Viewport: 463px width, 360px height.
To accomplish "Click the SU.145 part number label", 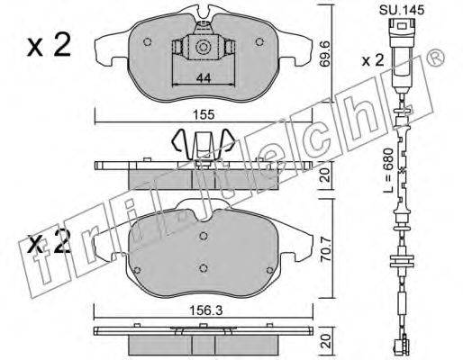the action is pyautogui.click(x=402, y=10).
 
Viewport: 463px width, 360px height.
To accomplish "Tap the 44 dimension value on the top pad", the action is pyautogui.click(x=204, y=78).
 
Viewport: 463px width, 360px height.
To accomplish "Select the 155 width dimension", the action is pyautogui.click(x=204, y=115).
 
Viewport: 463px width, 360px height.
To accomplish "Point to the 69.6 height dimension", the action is pyautogui.click(x=325, y=55).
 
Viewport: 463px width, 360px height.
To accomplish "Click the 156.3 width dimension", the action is pyautogui.click(x=205, y=310).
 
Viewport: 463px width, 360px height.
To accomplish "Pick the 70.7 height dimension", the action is pyautogui.click(x=326, y=250).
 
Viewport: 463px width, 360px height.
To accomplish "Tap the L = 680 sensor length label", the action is pyautogui.click(x=388, y=170).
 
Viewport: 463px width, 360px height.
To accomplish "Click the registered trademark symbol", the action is pyautogui.click(x=435, y=57).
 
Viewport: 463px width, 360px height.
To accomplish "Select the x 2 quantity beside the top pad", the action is pyautogui.click(x=49, y=45).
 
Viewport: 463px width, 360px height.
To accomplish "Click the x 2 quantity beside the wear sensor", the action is pyautogui.click(x=373, y=60).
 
